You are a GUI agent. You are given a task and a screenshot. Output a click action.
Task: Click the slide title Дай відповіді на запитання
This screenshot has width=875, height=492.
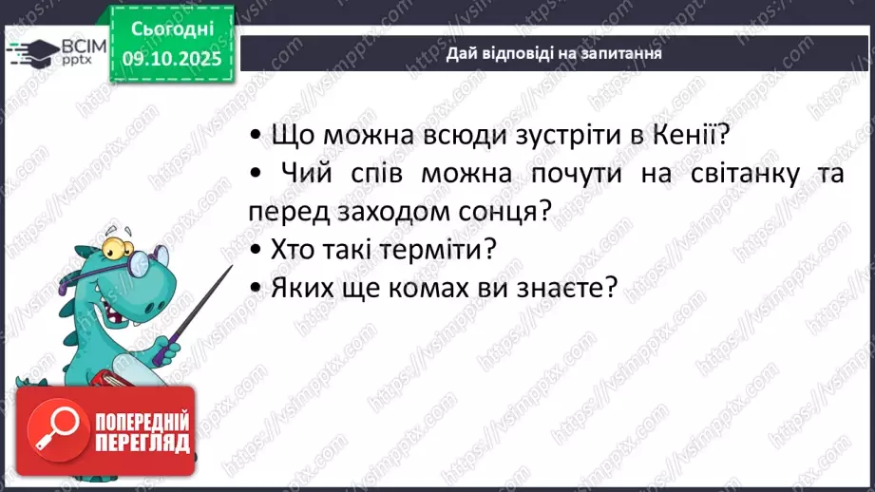554,54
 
